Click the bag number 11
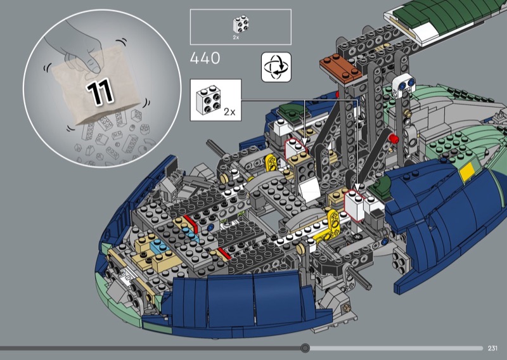pyautogui.click(x=100, y=93)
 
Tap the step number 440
pyautogui.click(x=205, y=58)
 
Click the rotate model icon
pyautogui.click(x=276, y=67)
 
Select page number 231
pyautogui.click(x=492, y=348)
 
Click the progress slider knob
pyautogui.click(x=305, y=348)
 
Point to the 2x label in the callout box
pyautogui.click(x=229, y=112)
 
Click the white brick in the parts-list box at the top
pyautogui.click(x=241, y=25)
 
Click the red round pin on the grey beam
pyautogui.click(x=393, y=139)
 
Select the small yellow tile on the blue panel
pyautogui.click(x=467, y=171)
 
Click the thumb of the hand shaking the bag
pyautogui.click(x=93, y=65)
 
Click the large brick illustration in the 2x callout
pyautogui.click(x=209, y=100)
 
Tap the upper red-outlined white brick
pyautogui.click(x=295, y=148)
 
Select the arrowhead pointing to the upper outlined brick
pyautogui.click(x=304, y=142)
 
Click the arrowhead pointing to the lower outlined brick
pyautogui.click(x=357, y=186)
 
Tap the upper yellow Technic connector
pyautogui.click(x=271, y=162)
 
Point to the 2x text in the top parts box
pyautogui.click(x=236, y=37)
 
